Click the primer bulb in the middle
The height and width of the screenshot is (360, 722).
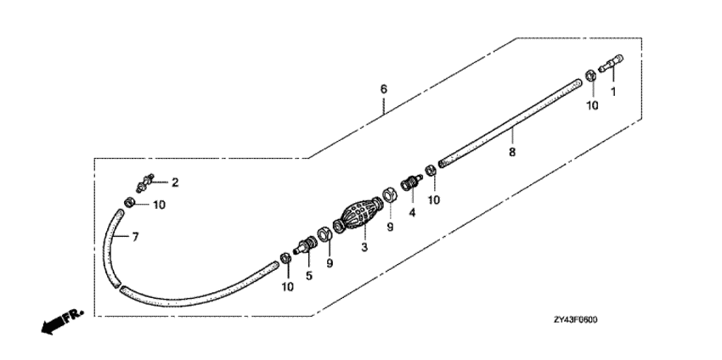(359, 216)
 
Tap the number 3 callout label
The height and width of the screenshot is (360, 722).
(364, 247)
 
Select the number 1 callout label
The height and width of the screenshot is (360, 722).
(613, 92)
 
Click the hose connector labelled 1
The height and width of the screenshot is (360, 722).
(611, 64)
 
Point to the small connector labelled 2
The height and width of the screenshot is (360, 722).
(144, 183)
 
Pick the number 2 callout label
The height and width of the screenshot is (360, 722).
(175, 183)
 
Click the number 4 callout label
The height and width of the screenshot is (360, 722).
(412, 212)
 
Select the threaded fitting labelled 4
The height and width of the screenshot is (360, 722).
(411, 183)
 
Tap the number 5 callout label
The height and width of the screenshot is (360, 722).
(309, 275)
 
